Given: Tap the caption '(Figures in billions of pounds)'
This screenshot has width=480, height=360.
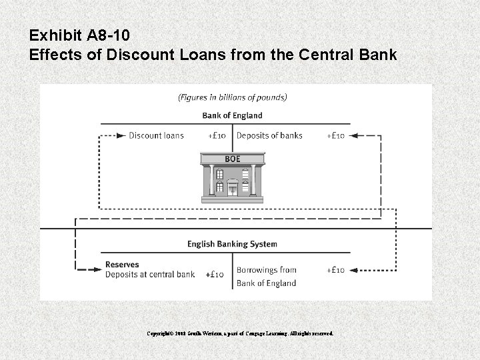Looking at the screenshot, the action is tap(232, 97).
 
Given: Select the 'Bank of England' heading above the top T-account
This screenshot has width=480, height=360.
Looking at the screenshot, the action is tap(232, 115).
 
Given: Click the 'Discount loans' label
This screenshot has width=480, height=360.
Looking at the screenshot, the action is tap(155, 135).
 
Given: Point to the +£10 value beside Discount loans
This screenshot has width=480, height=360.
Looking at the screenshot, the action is tap(217, 135).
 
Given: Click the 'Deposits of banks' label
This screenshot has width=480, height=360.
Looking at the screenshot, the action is tap(269, 135).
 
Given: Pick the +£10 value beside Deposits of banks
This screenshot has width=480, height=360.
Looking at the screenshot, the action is tap(335, 135).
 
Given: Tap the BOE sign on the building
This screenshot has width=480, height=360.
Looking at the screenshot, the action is tap(232, 159).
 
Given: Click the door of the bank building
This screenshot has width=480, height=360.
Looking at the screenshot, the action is tap(232, 190).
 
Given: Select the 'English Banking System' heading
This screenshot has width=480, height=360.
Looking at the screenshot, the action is tap(232, 244).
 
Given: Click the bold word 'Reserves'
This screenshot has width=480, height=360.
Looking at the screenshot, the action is tap(122, 265).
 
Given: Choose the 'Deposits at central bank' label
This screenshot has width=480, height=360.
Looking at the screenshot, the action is tap(150, 274).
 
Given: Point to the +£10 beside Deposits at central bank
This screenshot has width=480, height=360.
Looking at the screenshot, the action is tap(214, 274).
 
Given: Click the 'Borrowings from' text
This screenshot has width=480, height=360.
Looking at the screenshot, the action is tap(266, 270).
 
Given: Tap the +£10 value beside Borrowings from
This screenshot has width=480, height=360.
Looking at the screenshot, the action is tap(335, 270).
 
